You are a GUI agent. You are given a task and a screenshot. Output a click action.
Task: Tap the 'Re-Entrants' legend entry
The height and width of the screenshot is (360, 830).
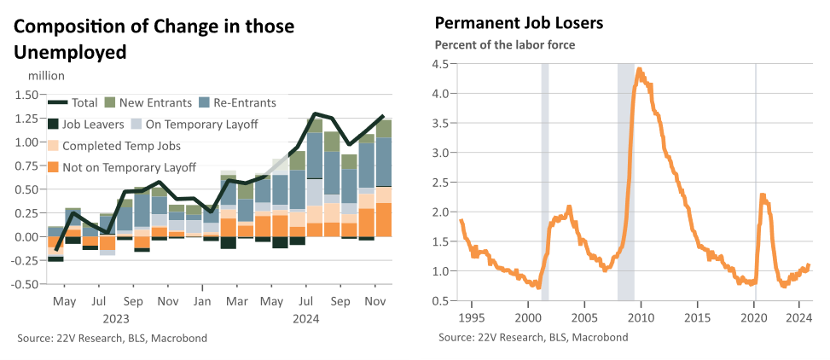(x=236, y=102)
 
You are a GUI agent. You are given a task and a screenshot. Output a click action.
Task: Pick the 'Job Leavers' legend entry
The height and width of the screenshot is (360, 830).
(x=86, y=124)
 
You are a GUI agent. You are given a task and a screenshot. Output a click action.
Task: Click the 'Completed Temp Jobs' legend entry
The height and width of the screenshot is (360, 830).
(x=114, y=146)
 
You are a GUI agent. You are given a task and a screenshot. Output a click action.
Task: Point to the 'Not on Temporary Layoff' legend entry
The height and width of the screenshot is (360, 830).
(x=122, y=168)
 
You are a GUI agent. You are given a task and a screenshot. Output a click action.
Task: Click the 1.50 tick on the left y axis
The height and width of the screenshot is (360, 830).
(x=26, y=95)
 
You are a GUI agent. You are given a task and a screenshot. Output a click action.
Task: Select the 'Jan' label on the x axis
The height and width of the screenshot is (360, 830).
(x=202, y=301)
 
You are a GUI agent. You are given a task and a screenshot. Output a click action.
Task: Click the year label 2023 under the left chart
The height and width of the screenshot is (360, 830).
(x=116, y=319)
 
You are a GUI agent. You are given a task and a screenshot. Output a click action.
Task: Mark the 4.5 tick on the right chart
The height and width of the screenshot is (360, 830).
(x=442, y=64)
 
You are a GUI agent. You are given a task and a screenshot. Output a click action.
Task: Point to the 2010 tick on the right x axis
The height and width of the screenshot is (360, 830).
(x=641, y=318)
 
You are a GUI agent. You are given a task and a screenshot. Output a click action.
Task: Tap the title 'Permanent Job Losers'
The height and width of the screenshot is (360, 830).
(x=519, y=24)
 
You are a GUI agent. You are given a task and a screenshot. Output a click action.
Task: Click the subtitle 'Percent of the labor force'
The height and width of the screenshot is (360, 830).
(x=505, y=45)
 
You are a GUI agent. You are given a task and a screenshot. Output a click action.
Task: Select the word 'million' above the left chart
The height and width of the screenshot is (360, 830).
(x=46, y=76)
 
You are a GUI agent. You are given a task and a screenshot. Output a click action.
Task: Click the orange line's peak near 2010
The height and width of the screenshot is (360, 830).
(x=640, y=69)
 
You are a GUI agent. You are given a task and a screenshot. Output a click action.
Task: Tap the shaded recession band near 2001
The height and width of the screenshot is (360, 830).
(x=545, y=182)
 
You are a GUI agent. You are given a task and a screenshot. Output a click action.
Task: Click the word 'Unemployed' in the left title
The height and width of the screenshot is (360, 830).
(x=71, y=53)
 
